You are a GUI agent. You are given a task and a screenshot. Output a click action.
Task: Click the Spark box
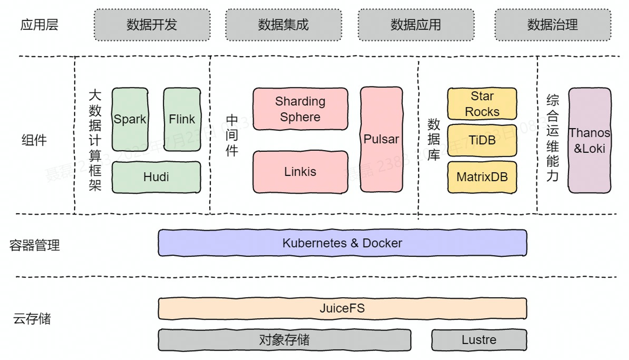click(130, 119)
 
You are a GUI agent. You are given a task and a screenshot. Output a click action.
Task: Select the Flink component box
click(182, 119)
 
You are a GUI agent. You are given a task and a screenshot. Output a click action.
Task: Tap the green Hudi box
click(156, 177)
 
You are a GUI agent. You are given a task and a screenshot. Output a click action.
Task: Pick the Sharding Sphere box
click(300, 109)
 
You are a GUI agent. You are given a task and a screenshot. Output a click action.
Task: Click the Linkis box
click(300, 172)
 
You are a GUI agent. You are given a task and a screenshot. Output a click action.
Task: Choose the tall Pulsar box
click(381, 139)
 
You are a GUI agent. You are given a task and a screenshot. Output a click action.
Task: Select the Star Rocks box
click(482, 104)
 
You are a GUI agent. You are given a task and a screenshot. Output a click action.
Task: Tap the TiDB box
click(482, 140)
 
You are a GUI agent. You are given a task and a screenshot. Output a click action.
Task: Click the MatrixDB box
click(482, 177)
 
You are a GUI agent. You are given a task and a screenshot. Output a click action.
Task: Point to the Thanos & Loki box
click(589, 140)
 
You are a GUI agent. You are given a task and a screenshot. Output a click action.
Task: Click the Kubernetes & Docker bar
click(342, 243)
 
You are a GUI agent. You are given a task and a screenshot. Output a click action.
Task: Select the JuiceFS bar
click(342, 308)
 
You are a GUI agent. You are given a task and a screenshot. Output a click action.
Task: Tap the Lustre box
click(479, 340)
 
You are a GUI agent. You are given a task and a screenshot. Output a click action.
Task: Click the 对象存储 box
click(284, 340)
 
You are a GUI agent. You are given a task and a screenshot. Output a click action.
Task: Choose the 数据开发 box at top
click(152, 25)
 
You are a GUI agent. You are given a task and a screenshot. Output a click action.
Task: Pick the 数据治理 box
click(552, 25)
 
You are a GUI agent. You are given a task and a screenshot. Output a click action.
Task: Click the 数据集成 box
click(284, 25)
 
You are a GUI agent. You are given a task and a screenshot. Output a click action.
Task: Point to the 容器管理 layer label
click(34, 245)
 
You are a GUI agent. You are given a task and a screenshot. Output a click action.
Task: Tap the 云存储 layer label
click(32, 319)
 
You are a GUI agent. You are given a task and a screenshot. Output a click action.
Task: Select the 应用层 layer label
click(39, 25)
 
